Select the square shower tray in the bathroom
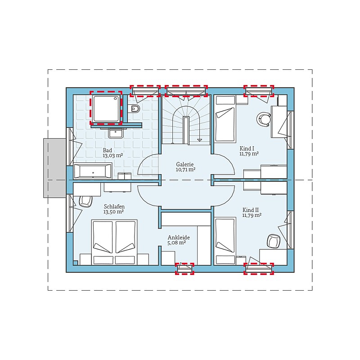(x=106, y=108)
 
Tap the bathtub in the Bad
(x=93, y=171)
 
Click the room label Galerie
(x=185, y=164)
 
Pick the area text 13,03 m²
(x=113, y=155)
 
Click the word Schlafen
(x=114, y=207)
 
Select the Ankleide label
(x=179, y=238)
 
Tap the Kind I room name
(x=247, y=148)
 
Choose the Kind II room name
(x=251, y=210)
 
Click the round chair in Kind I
(x=263, y=119)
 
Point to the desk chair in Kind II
(x=274, y=241)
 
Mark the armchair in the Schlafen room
(x=85, y=201)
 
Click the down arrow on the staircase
(x=199, y=137)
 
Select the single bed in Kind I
(x=225, y=118)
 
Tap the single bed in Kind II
(x=225, y=241)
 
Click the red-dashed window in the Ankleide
(x=184, y=269)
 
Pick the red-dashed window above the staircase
(x=186, y=91)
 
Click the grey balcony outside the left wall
(x=55, y=168)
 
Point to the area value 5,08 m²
(x=176, y=243)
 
